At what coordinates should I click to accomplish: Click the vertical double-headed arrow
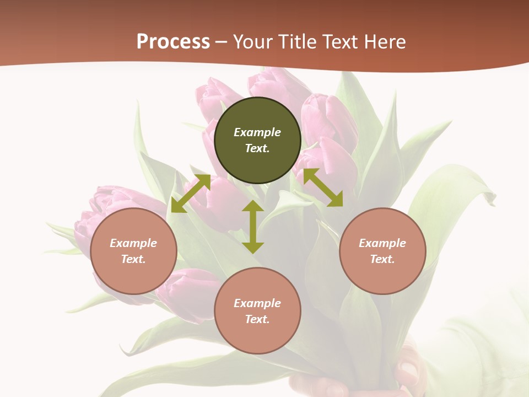[253, 227]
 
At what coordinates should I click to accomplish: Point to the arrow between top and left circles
[191, 194]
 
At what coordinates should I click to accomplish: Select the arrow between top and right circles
[323, 187]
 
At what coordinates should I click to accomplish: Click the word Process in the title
[173, 41]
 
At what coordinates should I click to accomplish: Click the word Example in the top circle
[257, 132]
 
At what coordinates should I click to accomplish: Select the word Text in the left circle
[133, 259]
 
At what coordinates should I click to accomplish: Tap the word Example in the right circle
[382, 243]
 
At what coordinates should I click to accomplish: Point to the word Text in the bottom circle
[257, 319]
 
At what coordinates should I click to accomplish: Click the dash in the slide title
[222, 42]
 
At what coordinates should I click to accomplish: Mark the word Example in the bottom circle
[257, 303]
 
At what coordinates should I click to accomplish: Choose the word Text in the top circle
[257, 148]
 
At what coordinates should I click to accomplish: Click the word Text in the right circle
[382, 259]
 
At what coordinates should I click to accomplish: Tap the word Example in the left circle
[133, 243]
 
